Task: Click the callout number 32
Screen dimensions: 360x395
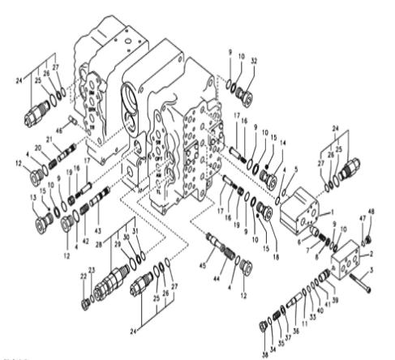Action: (x=255, y=60)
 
